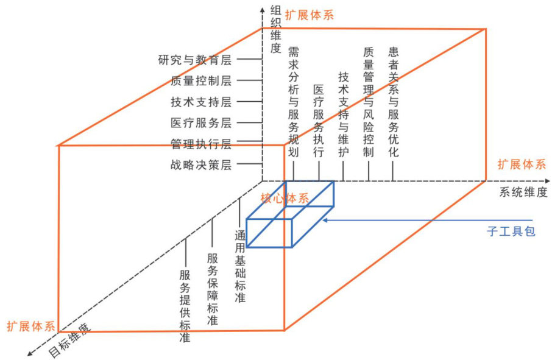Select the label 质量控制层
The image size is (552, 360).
tap(201, 80)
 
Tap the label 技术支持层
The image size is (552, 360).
tap(201, 102)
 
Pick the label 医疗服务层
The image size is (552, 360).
tap(201, 122)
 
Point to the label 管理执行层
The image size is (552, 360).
tap(201, 144)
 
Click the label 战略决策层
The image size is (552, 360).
tap(201, 164)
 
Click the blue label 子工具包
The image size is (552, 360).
tap(511, 231)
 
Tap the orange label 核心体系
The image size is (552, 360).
tap(285, 198)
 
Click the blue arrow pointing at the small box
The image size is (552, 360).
tap(426, 220)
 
